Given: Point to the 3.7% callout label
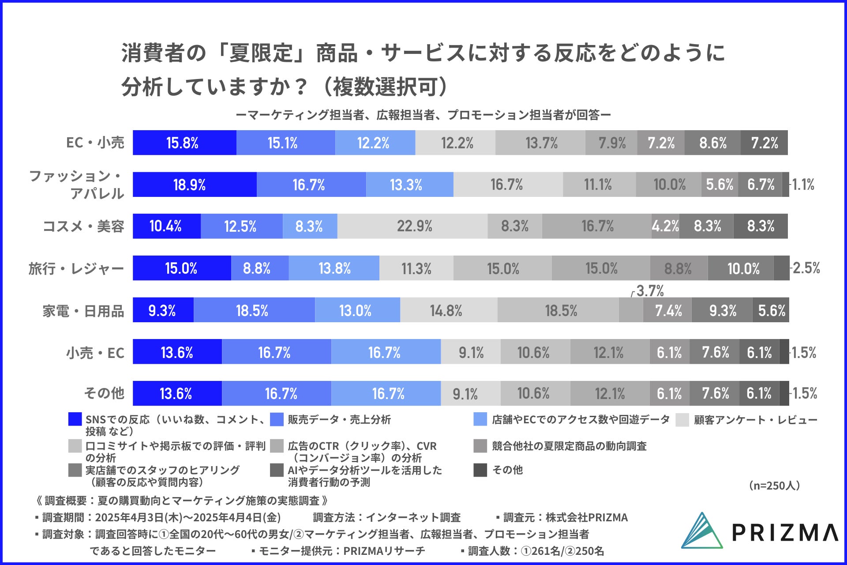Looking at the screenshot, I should [x=650, y=291].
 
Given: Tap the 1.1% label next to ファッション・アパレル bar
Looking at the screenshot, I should [x=803, y=185].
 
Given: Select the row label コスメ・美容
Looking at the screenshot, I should [x=83, y=226].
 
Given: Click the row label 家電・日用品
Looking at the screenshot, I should [x=83, y=311].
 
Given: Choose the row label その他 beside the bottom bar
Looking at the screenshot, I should [x=104, y=393].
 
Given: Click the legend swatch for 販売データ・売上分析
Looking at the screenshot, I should [x=277, y=419].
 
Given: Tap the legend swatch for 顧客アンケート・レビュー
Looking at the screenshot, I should [x=682, y=420].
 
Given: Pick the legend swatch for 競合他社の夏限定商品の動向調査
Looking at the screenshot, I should [x=480, y=446].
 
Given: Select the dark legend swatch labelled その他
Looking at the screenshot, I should [x=480, y=470].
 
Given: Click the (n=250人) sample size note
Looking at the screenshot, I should [x=774, y=486].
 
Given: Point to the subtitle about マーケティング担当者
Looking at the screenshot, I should [x=423, y=115].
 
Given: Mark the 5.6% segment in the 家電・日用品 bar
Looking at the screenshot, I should [x=771, y=310].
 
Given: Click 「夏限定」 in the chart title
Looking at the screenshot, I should [x=260, y=53].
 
